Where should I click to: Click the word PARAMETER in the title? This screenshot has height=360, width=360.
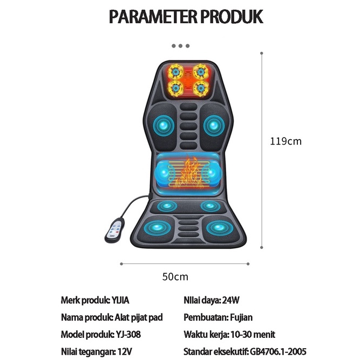tap(153, 17)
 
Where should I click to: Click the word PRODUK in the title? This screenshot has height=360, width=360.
tap(232, 17)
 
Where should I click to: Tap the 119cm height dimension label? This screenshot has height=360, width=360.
tap(286, 141)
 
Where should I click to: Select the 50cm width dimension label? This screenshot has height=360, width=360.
tap(175, 277)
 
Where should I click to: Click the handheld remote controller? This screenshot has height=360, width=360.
tap(115, 230)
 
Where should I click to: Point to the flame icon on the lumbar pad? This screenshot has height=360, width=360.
tap(189, 173)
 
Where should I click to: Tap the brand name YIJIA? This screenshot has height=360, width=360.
tap(120, 300)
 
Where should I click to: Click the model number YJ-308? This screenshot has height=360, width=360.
tap(128, 335)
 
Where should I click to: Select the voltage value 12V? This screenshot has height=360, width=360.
tap(125, 351)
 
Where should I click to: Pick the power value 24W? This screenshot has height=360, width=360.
tap(231, 300)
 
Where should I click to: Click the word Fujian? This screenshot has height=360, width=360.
tap(241, 317)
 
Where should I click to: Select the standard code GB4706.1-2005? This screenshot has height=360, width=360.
tap(278, 351)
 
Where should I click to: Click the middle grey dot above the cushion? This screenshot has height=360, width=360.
tap(180, 46)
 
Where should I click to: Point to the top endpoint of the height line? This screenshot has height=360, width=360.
tap(262, 53)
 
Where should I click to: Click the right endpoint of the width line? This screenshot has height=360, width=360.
tap(248, 264)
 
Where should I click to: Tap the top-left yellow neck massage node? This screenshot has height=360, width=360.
tap(175, 72)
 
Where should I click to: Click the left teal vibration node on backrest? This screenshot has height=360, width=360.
tap(164, 125)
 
